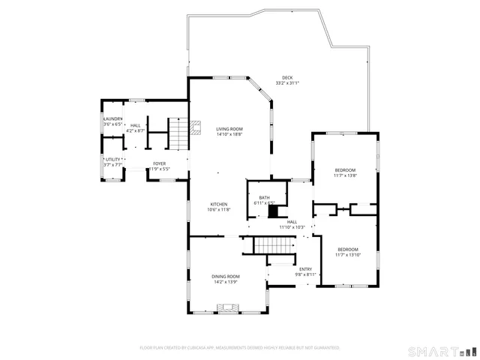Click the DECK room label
286,78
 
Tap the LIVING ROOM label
229,129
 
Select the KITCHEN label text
218,205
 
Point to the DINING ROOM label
225,277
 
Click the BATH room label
265,197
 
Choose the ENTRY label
305,269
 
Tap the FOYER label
159,163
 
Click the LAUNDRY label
112,118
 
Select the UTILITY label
112,159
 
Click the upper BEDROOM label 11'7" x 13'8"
345,170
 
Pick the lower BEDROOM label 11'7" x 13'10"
347,250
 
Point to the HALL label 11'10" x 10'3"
292,222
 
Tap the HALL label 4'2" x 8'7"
135,125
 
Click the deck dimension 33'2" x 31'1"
286,83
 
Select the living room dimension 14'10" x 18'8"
229,134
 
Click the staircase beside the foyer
176,134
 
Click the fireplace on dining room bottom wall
228,307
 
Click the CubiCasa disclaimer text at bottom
240,347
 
